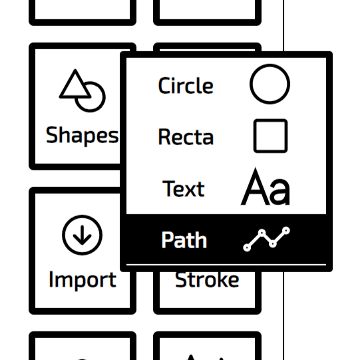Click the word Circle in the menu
(x=186, y=85)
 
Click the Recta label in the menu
(x=186, y=136)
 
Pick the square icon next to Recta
(x=254, y=136)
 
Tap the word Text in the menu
(x=183, y=189)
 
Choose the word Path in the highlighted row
(x=184, y=240)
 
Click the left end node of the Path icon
(x=247, y=248)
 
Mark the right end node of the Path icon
(x=286, y=230)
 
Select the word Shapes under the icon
(x=82, y=136)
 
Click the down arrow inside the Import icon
(x=83, y=235)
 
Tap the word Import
(x=83, y=280)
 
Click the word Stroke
(x=207, y=279)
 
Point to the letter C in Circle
(x=164, y=85)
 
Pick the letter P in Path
(x=167, y=240)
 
